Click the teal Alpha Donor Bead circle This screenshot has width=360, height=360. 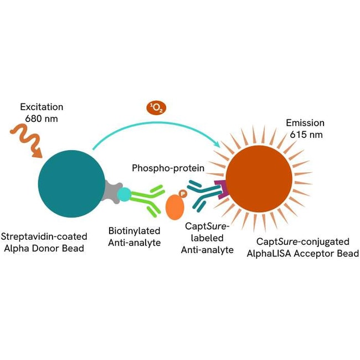71,183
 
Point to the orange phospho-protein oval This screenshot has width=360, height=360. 176,206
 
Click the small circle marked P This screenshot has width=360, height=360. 182,194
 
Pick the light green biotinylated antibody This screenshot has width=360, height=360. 148,199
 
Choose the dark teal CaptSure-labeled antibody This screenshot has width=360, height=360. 203,197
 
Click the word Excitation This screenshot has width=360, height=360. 42,106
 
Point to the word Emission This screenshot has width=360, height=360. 304,123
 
